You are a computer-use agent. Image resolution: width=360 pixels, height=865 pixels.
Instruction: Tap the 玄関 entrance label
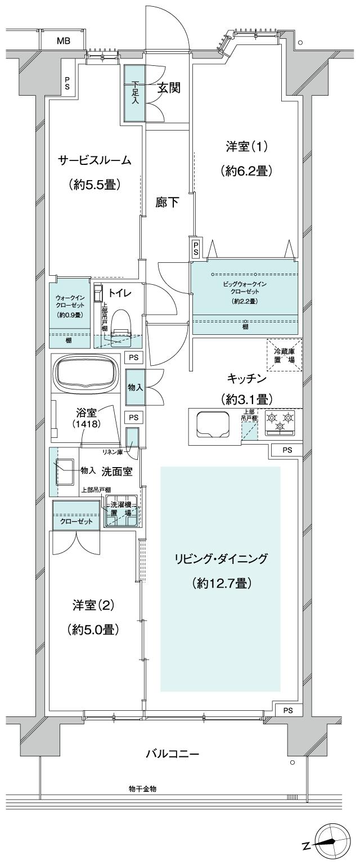[x=168, y=88]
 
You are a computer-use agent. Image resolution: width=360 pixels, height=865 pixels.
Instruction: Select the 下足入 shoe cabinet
[x=134, y=93]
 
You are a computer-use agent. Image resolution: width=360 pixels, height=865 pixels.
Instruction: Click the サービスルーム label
[x=95, y=160]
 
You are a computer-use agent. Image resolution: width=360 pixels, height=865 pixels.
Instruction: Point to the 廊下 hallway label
[x=168, y=203]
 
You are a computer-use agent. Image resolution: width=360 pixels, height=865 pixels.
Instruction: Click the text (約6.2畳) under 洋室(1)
[x=246, y=171]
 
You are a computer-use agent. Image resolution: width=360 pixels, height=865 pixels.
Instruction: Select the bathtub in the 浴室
[x=86, y=373]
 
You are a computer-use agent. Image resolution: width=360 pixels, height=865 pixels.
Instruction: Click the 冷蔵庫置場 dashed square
[x=284, y=355]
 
